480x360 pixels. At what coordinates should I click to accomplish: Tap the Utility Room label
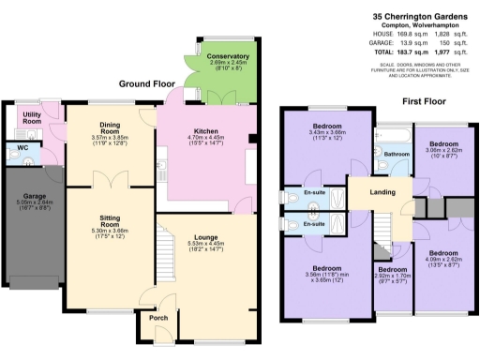(32, 119)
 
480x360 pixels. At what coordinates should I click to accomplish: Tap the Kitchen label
(207, 131)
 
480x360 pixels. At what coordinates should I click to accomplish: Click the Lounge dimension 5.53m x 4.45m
(207, 243)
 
